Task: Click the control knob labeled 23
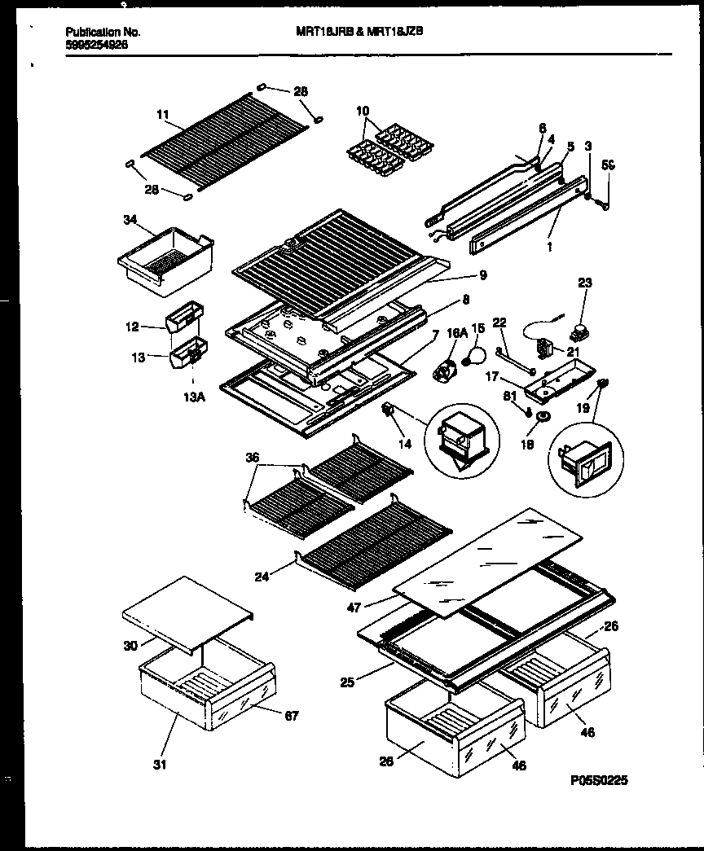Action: coord(581,331)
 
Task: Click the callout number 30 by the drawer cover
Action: coord(129,646)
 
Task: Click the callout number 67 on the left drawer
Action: coord(292,716)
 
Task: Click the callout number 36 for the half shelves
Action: coord(253,458)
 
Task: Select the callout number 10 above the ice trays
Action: coord(363,110)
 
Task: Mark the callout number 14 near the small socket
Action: coord(406,444)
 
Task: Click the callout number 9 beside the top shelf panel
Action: coord(483,275)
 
